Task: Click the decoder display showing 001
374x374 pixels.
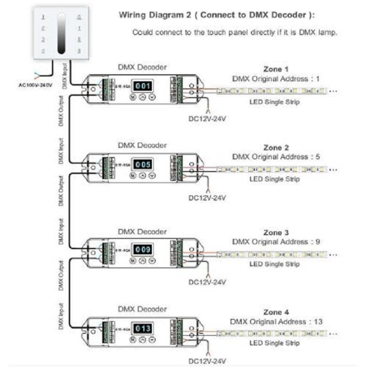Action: click(144, 86)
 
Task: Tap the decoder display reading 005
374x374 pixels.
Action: click(144, 164)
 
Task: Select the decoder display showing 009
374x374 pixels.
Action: click(144, 250)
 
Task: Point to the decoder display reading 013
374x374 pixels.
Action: click(144, 328)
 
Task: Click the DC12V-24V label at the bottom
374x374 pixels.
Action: click(207, 361)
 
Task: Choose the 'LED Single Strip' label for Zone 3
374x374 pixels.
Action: click(274, 264)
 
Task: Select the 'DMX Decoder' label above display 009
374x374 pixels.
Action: click(142, 231)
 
